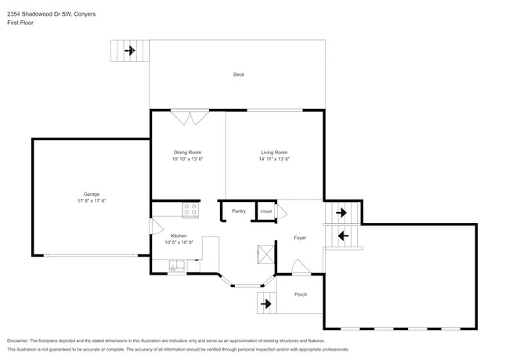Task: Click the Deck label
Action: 238,75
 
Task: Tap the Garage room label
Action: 92,194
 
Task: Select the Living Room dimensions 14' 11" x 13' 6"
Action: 274,159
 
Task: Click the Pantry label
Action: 239,211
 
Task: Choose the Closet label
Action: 265,211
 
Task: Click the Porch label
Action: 300,294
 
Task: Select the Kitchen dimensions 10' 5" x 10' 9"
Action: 179,242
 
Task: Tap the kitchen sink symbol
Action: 179,265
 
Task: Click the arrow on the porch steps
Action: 265,303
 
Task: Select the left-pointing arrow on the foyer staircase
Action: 341,234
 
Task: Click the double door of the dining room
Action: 190,117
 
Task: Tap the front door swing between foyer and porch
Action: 301,268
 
